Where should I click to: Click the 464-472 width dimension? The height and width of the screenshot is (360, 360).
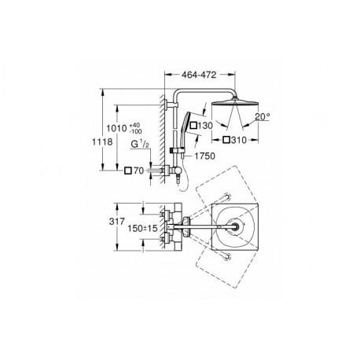click(x=199, y=75)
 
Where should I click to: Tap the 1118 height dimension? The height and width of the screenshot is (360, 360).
click(x=102, y=141)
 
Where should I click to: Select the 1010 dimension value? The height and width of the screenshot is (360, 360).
click(x=116, y=128)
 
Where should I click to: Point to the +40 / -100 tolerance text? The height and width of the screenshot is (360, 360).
click(x=135, y=128)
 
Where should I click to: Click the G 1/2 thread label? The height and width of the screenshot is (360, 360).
click(x=140, y=144)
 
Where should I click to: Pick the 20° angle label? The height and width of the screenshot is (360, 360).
click(x=263, y=116)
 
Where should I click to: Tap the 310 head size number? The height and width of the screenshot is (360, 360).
click(x=239, y=140)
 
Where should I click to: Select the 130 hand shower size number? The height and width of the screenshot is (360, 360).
click(x=205, y=126)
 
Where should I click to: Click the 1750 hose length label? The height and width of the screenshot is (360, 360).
click(x=204, y=156)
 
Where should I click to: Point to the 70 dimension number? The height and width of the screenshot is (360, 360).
click(x=139, y=171)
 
